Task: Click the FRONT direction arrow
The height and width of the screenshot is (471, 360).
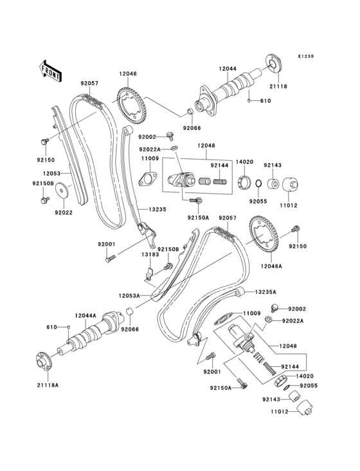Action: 50,70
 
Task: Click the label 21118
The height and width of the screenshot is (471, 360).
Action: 278,86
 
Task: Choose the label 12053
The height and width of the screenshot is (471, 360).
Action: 53,173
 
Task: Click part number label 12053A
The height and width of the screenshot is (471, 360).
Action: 129,295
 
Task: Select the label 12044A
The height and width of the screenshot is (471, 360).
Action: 85,315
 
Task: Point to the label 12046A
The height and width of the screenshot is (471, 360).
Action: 273,265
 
